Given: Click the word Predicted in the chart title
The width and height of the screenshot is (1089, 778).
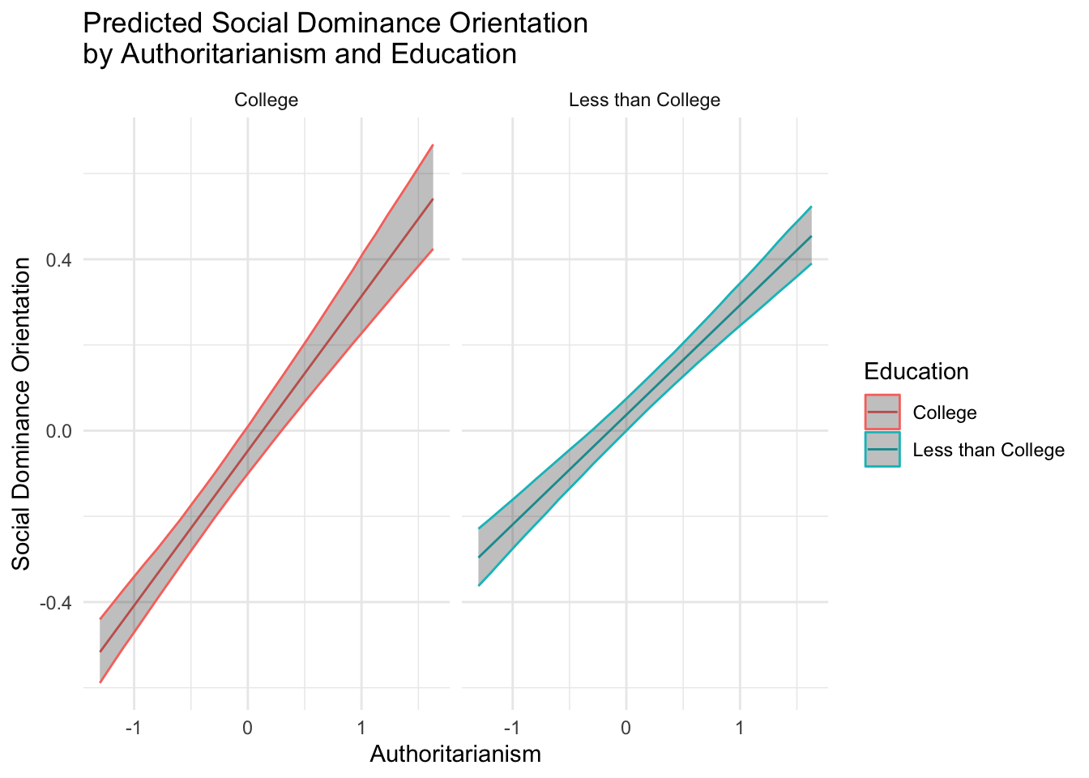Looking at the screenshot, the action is click(x=143, y=23).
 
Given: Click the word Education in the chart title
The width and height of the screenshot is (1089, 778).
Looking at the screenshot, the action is click(x=454, y=53).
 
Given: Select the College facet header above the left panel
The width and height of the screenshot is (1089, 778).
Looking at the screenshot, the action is click(x=266, y=100).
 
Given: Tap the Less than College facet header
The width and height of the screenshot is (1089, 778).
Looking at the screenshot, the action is click(x=644, y=100).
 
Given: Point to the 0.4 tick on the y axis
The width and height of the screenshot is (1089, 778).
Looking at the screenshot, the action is click(x=59, y=259).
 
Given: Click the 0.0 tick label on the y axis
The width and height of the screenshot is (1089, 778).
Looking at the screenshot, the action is click(x=59, y=431).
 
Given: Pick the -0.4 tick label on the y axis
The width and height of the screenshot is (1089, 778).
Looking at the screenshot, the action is click(x=55, y=603).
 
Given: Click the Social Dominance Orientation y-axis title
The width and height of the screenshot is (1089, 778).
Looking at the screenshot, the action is click(x=20, y=414).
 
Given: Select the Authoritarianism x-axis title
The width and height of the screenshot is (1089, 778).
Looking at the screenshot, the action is click(x=455, y=754).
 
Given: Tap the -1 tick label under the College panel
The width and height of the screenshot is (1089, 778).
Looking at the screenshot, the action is click(x=133, y=728).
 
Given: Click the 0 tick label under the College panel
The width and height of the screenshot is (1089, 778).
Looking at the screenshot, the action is click(x=247, y=728).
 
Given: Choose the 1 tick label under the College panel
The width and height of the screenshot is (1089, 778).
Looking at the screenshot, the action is click(x=361, y=728).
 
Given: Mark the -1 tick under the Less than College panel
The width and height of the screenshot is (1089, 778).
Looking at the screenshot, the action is click(x=511, y=728).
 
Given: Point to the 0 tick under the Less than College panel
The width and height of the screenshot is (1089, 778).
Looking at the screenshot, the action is click(x=626, y=728).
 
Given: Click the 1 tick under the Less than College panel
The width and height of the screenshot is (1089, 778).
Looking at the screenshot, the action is click(x=740, y=728).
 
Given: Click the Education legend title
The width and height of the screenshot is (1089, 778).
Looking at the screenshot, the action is click(x=916, y=371).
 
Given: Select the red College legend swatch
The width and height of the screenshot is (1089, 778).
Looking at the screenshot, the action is click(x=882, y=412).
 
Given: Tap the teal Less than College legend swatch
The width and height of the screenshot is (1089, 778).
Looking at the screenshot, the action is click(x=882, y=449).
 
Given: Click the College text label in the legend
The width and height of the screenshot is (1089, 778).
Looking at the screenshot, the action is click(x=945, y=413).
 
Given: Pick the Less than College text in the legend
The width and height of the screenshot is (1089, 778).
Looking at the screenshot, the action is click(x=989, y=450).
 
